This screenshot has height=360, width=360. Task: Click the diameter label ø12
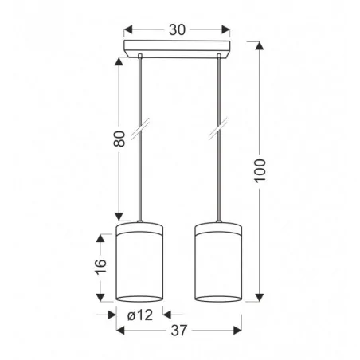click(141, 315)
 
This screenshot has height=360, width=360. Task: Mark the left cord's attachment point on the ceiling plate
click(140, 56)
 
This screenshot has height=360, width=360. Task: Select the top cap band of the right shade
click(218, 230)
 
